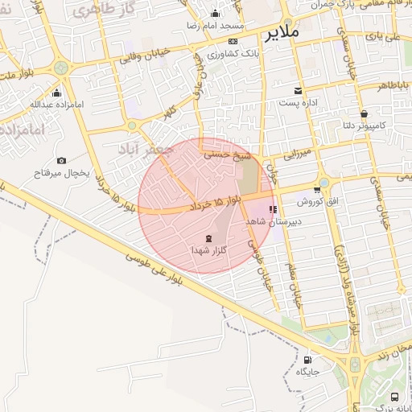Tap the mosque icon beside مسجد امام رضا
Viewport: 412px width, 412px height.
[214, 14]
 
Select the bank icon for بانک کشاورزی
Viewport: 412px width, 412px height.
[233, 42]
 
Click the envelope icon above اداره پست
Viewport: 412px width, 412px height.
[299, 90]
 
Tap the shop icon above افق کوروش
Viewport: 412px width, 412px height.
[317, 190]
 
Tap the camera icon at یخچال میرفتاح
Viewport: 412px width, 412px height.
[62, 161]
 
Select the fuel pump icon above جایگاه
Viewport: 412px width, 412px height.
[308, 360]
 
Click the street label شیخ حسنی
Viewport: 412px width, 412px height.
[229, 151]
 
